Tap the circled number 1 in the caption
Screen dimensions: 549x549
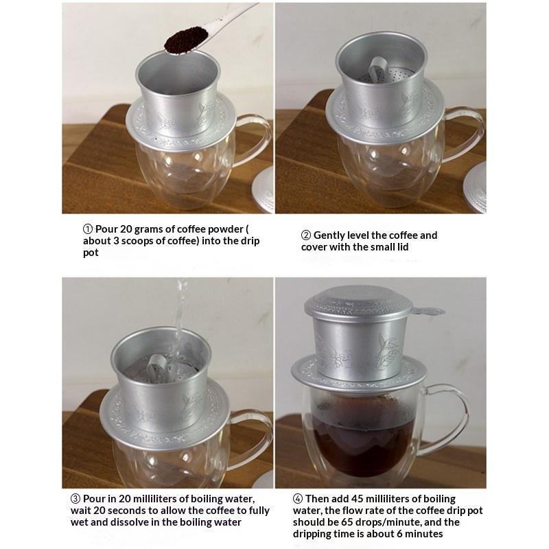tap(88, 229)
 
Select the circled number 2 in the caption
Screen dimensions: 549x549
tap(305, 235)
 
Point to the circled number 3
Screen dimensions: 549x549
tap(75, 499)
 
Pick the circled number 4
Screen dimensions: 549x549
tap(298, 499)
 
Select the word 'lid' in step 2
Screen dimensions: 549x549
tap(402, 247)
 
